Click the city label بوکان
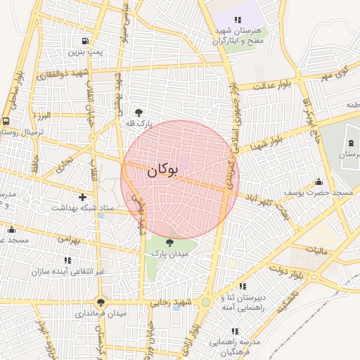(x=163, y=170)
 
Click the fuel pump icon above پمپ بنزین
(x=85, y=41)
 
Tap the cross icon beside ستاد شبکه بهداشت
(x=83, y=197)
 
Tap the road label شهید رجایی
(x=167, y=302)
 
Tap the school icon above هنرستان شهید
(x=238, y=20)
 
